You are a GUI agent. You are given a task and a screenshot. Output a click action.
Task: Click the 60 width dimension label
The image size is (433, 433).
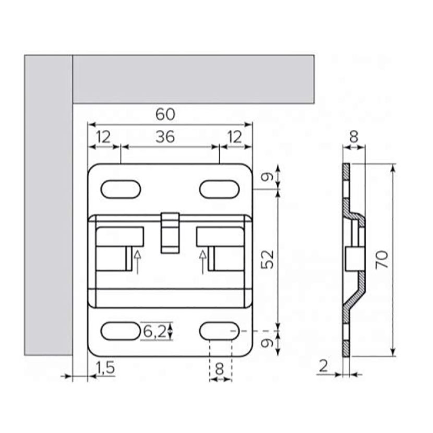(165, 114)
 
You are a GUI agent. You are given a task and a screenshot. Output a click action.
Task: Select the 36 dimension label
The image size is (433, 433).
(165, 137)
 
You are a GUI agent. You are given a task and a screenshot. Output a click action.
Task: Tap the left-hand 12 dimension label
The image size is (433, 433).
(104, 137)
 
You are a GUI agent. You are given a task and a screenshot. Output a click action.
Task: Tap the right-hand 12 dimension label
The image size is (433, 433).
(235, 137)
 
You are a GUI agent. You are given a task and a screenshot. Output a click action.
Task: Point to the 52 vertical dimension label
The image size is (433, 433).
(267, 259)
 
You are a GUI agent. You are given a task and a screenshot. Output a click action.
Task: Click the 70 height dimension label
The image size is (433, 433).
(382, 260)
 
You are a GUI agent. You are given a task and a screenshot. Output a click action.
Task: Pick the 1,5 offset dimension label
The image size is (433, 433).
(105, 368)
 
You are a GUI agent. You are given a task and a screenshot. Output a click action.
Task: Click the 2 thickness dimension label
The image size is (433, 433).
(323, 366)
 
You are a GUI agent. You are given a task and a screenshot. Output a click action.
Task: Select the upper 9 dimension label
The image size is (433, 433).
(267, 177)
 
